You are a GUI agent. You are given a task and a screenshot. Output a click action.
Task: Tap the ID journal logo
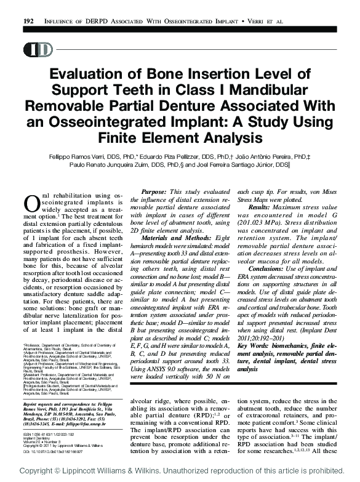tap(39, 50)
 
